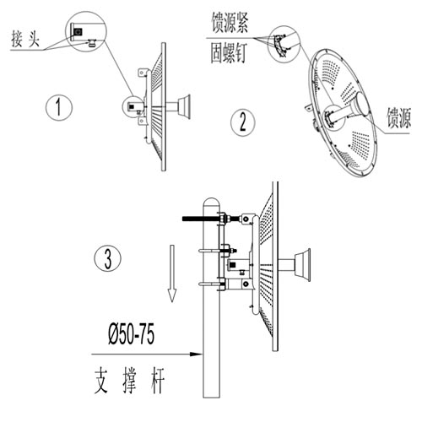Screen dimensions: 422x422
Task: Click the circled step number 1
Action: [59, 107]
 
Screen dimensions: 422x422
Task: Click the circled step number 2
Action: [243, 122]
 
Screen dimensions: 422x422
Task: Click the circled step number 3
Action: [108, 259]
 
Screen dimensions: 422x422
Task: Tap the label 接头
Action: [25, 39]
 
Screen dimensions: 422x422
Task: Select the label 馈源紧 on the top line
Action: [230, 22]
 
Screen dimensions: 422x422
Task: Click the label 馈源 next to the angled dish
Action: [398, 117]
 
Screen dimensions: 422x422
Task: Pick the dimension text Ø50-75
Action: [132, 334]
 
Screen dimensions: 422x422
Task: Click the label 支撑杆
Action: [129, 381]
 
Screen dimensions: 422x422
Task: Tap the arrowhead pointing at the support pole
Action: [197, 354]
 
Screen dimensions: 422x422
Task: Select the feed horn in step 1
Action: [184, 107]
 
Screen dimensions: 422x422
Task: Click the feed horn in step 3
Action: [302, 264]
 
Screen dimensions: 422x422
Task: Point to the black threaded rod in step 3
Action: [200, 218]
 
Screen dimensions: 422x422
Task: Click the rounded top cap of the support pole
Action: [211, 202]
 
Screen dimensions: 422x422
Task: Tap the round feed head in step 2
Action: [362, 104]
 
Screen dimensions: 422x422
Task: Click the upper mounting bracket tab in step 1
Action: [142, 73]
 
